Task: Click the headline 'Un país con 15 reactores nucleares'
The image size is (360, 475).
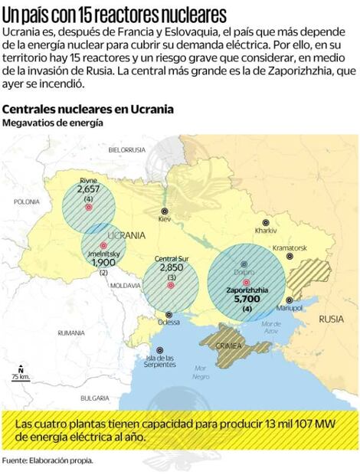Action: [114, 15]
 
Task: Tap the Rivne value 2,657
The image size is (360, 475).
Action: [89, 188]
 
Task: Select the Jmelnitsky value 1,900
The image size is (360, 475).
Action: [103, 262]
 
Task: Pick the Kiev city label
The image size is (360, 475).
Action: [164, 218]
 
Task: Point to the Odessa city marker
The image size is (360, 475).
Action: [169, 313]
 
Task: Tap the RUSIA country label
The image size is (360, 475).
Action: [332, 319]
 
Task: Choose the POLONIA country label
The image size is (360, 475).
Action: [26, 201]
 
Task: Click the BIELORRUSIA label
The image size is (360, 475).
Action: [127, 149]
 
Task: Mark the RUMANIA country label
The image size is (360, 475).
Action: [70, 332]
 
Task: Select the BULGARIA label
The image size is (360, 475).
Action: [94, 398]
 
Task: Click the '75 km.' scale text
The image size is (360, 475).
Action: [21, 377]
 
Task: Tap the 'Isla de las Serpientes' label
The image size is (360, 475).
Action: [160, 361]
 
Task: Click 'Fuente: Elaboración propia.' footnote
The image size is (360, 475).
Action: [47, 460]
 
